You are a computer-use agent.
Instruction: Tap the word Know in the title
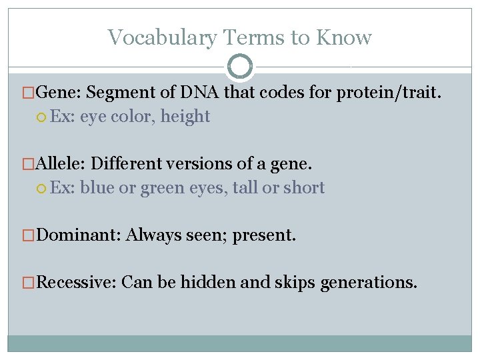pyautogui.click(x=344, y=38)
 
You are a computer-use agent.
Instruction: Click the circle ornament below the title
pyautogui.click(x=240, y=67)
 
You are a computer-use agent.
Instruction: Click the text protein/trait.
pyautogui.click(x=388, y=92)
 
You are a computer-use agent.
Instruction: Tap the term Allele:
pyautogui.click(x=61, y=164)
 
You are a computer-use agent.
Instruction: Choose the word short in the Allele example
pyautogui.click(x=304, y=188)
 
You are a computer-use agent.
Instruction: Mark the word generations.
pyautogui.click(x=369, y=283)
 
